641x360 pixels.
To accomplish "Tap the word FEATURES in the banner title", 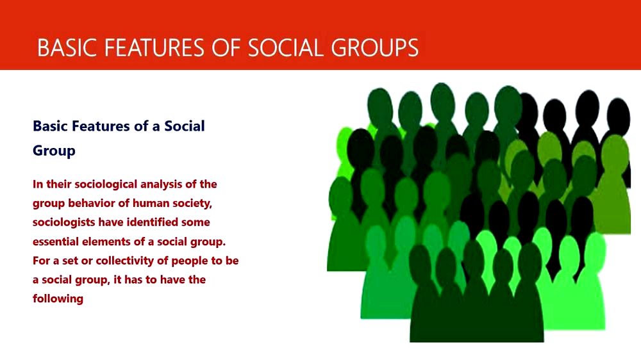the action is pos(154,47).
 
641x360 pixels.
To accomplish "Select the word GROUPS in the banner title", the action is pos(375,47).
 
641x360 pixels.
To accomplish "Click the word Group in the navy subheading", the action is pos(54,151).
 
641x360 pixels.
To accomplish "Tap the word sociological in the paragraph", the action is pos(106,184).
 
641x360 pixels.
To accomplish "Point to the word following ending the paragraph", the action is pos(58,299).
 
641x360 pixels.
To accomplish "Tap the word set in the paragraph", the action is pos(71,261).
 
